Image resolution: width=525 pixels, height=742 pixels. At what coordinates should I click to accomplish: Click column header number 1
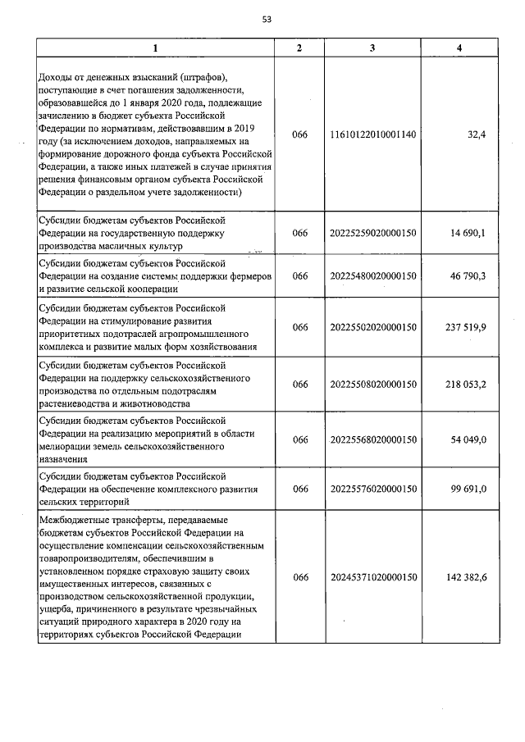click(x=156, y=48)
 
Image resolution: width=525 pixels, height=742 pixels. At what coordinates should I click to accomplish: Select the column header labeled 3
click(x=373, y=48)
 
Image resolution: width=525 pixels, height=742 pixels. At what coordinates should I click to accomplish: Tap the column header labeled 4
click(x=459, y=48)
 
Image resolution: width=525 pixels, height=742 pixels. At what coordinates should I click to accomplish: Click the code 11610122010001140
click(x=373, y=135)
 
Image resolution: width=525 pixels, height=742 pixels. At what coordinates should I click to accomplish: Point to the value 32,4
click(x=477, y=135)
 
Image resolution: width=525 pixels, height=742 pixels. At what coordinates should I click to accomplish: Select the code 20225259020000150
click(x=373, y=233)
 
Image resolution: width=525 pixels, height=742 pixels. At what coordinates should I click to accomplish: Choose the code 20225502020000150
click(x=373, y=327)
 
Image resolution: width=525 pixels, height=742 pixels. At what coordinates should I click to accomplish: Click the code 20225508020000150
click(x=373, y=384)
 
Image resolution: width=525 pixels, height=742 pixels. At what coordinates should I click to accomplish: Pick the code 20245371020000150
click(x=373, y=577)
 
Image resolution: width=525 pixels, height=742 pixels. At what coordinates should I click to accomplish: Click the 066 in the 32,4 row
click(x=299, y=135)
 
